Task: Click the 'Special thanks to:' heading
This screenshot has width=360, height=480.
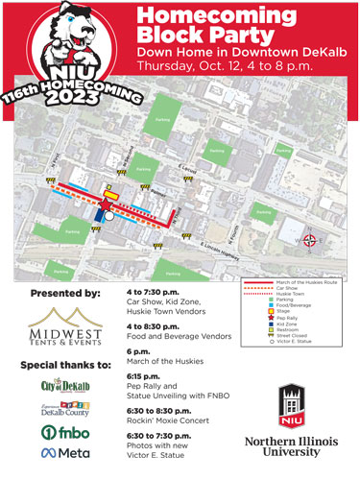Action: click(61, 365)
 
